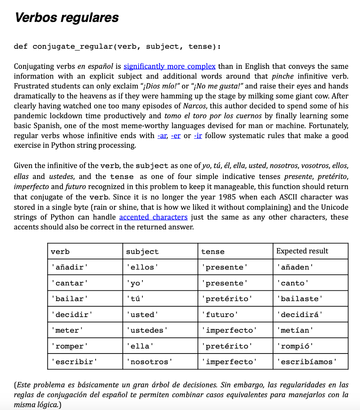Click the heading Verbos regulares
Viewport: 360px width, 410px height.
66,18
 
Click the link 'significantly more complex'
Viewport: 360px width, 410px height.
170,66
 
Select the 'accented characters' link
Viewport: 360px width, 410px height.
153,217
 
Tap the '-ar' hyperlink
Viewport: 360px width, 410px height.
162,135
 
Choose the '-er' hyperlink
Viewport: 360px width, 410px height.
176,135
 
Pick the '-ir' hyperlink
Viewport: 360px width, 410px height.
198,135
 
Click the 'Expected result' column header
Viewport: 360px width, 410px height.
302,251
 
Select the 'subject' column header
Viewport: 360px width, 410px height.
142,251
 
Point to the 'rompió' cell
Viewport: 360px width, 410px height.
294,346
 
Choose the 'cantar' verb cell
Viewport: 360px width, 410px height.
69,283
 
